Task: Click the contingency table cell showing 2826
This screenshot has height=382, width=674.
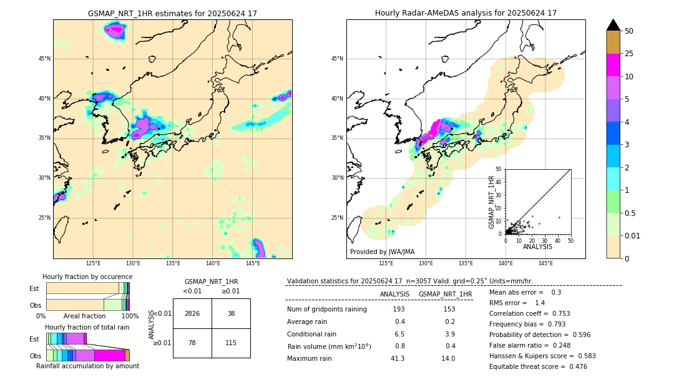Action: click(x=192, y=313)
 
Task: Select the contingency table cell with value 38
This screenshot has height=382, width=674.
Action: click(x=231, y=313)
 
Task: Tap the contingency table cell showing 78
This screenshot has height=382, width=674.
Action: click(x=192, y=343)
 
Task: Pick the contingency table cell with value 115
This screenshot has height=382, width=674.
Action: click(x=231, y=343)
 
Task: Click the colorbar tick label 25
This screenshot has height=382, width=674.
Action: click(x=629, y=54)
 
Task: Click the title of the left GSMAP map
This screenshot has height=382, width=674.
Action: click(x=172, y=13)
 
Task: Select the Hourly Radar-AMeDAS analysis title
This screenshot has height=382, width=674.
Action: click(x=466, y=13)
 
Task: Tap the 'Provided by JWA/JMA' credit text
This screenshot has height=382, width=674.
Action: click(x=382, y=252)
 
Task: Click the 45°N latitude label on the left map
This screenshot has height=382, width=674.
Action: click(x=44, y=59)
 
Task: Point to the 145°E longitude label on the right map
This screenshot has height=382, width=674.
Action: click(x=545, y=263)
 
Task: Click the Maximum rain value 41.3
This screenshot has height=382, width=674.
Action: click(x=398, y=358)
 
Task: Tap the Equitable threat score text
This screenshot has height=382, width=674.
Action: click(x=538, y=366)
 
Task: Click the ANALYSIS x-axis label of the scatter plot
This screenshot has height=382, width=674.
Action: click(x=537, y=247)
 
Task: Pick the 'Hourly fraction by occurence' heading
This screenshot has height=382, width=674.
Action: click(x=87, y=277)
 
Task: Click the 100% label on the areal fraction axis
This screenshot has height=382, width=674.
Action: click(x=129, y=316)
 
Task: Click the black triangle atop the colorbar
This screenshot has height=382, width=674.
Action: click(x=613, y=25)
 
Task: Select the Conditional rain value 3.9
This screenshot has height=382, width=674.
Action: click(x=449, y=334)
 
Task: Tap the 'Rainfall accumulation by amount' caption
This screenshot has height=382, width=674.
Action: click(x=87, y=366)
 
